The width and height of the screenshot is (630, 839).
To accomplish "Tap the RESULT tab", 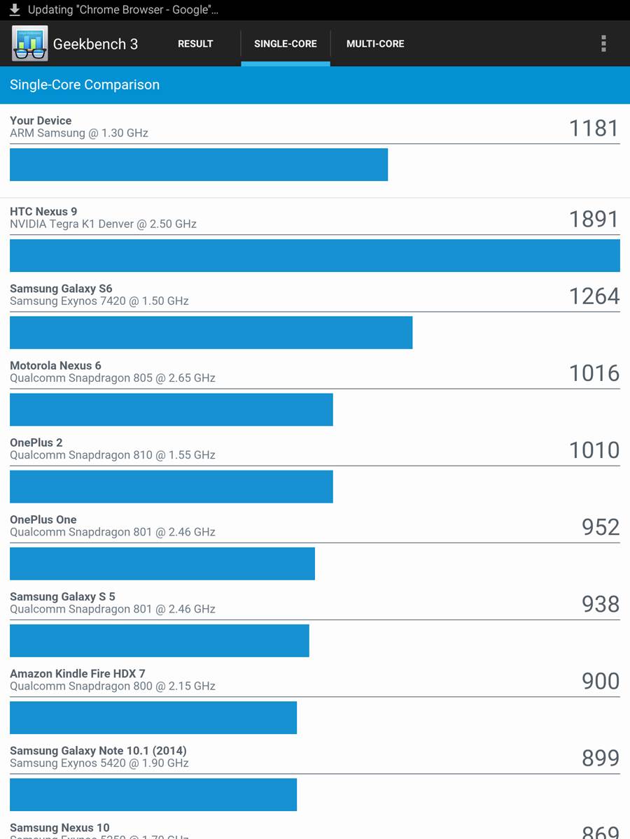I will [x=195, y=43].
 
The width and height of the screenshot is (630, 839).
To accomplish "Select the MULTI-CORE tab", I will [x=375, y=43].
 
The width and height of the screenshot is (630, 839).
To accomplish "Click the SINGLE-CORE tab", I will [x=285, y=43].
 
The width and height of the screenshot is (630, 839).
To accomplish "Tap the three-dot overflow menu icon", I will [x=603, y=43].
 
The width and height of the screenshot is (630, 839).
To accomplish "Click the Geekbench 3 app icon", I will [x=29, y=43].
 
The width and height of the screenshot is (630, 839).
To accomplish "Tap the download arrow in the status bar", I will [x=15, y=10].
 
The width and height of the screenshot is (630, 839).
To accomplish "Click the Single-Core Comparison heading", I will [x=85, y=85].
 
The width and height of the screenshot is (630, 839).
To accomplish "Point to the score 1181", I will [x=594, y=128].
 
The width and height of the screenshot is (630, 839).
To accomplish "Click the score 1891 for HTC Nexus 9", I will [x=594, y=219].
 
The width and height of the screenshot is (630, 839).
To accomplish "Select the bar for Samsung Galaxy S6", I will [x=211, y=332].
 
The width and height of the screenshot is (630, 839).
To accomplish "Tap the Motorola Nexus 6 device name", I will [x=55, y=365].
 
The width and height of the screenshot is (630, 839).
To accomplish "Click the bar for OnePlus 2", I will [x=171, y=486].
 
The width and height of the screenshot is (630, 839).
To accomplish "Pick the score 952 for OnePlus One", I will [x=600, y=526].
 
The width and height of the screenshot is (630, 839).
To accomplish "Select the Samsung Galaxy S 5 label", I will [x=62, y=596].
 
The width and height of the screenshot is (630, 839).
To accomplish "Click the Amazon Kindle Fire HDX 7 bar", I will [x=153, y=717].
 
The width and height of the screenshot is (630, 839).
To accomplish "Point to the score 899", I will [x=600, y=758].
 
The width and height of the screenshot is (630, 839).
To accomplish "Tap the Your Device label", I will [x=41, y=120].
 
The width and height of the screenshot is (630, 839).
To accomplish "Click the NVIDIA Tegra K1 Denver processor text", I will [x=103, y=224].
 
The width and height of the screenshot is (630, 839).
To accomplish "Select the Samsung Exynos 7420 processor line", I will [x=99, y=301].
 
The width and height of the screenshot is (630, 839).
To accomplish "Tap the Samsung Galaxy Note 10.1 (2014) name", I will [x=98, y=751].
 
